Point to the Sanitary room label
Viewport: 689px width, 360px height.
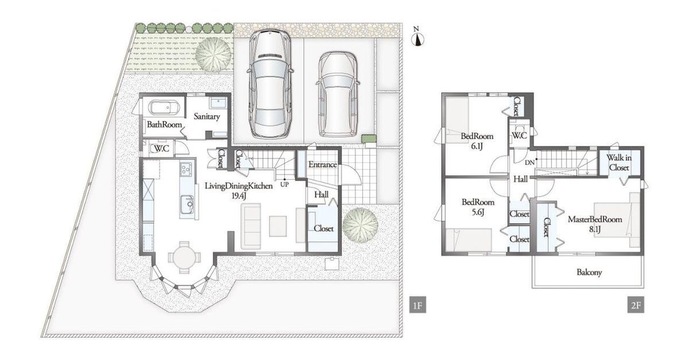[x=207, y=117]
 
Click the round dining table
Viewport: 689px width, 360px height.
[x=184, y=257]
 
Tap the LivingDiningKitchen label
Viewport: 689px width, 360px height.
[x=239, y=186]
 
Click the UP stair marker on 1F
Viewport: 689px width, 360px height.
[x=285, y=185]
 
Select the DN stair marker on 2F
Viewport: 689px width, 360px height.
[x=529, y=162]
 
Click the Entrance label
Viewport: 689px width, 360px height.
[x=323, y=165]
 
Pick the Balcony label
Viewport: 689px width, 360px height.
[x=589, y=272]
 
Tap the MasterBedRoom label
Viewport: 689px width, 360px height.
[x=595, y=219]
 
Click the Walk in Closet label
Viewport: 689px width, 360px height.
[x=619, y=162]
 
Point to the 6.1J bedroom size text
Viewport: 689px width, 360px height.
[x=477, y=146]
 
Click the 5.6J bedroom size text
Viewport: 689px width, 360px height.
[x=478, y=212]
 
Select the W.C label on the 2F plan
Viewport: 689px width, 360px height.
[x=520, y=136]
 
